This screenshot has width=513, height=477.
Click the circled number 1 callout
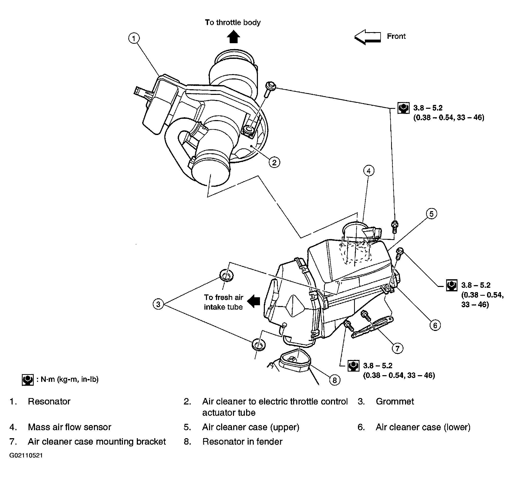pyautogui.click(x=134, y=39)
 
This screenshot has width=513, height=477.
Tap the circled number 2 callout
pyautogui.click(x=274, y=162)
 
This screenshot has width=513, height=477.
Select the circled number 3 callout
pyautogui.click(x=158, y=304)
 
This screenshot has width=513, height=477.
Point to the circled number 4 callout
pyautogui.click(x=369, y=171)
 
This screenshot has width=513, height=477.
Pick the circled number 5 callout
pyautogui.click(x=431, y=214)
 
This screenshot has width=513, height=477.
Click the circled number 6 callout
pyautogui.click(x=435, y=325)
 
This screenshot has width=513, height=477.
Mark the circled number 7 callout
pyautogui.click(x=397, y=348)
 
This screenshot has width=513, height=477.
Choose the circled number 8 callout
pyautogui.click(x=335, y=380)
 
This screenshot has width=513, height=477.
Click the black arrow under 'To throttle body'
pyautogui.click(x=233, y=37)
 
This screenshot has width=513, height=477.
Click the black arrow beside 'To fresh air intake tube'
pyautogui.click(x=253, y=301)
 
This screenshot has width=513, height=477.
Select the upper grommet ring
pyautogui.click(x=227, y=275)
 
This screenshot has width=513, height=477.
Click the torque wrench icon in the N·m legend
pyautogui.click(x=28, y=380)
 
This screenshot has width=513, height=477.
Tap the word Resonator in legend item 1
pyautogui.click(x=49, y=402)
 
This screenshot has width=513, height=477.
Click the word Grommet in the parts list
pyautogui.click(x=395, y=402)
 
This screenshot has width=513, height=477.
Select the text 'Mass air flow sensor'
pyautogui.click(x=69, y=427)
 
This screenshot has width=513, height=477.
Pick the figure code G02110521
pyautogui.click(x=26, y=455)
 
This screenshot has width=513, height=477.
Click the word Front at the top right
pyautogui.click(x=396, y=37)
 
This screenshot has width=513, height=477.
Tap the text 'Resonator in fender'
pyautogui.click(x=242, y=442)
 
